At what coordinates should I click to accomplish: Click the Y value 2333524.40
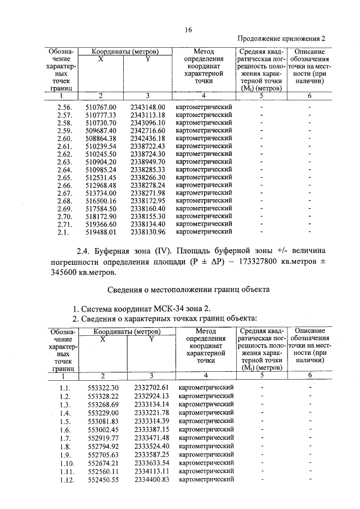pyautogui.click(x=151, y=446)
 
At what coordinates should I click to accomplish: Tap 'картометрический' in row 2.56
pyautogui.click(x=204, y=107)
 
